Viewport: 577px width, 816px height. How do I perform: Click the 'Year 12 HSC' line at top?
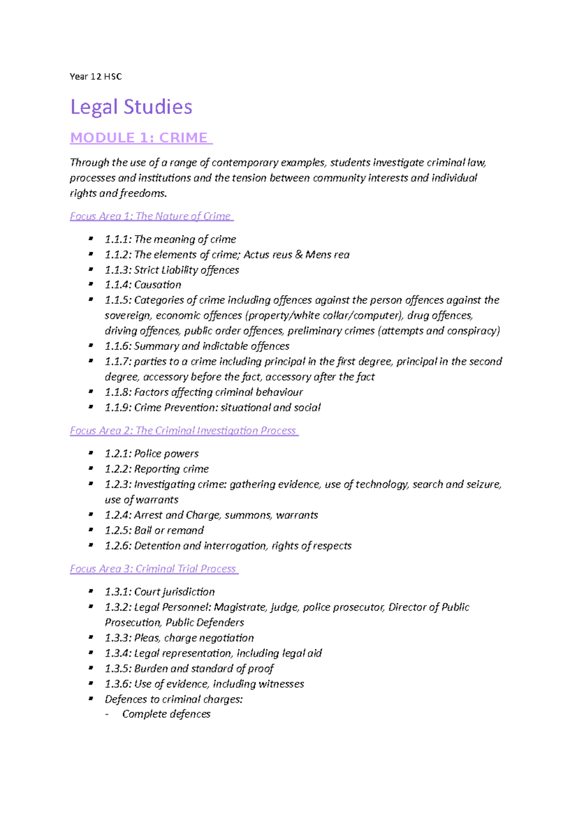tap(96, 76)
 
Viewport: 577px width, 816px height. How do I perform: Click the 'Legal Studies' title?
tap(131, 107)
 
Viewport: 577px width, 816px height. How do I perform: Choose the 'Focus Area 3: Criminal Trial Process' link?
tap(153, 569)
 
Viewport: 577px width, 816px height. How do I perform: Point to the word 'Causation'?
tap(158, 284)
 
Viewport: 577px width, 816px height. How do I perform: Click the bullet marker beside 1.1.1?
tap(90, 238)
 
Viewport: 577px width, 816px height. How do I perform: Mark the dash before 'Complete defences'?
tap(107, 714)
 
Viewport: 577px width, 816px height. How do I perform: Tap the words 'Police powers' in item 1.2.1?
tap(166, 453)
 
